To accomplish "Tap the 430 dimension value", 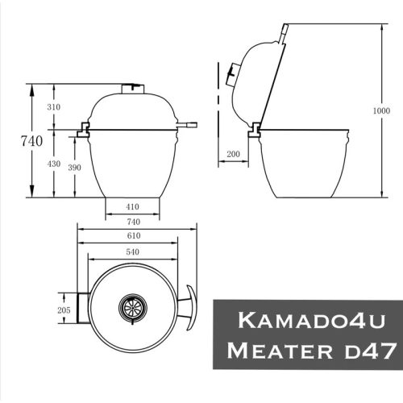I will pos(53,164).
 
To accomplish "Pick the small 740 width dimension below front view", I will pos(134,220).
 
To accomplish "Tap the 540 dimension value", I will pos(134,252).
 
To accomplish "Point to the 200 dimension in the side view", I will pos(234,153).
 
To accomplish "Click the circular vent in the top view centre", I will pos(132,306).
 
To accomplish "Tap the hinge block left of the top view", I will pos(81,308).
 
